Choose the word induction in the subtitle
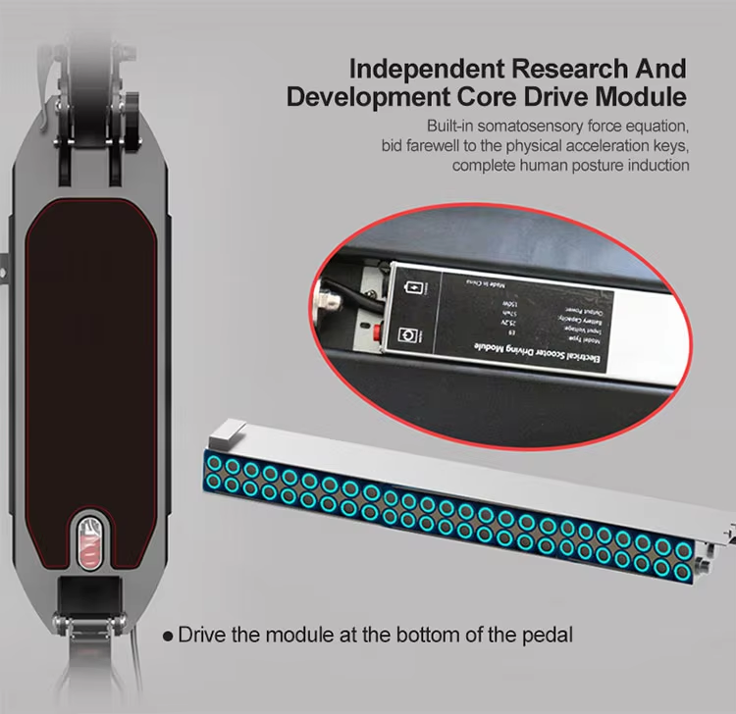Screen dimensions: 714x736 [656, 165]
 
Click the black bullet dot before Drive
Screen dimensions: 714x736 [168, 636]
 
